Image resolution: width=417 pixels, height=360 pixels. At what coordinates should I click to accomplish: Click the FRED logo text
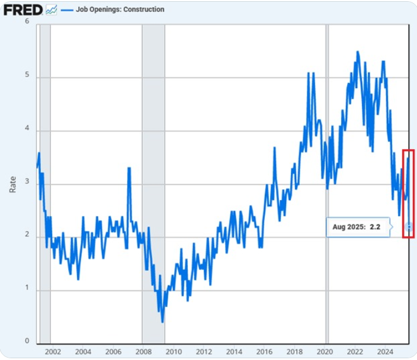coord(23,10)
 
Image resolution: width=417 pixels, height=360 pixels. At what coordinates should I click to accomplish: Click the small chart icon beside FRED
coord(51,10)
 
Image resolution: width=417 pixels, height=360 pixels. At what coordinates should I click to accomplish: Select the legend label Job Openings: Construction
coord(120,9)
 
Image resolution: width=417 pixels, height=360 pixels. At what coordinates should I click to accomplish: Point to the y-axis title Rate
coord(12,183)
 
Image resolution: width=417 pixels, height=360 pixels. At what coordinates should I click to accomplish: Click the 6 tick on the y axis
coord(27,22)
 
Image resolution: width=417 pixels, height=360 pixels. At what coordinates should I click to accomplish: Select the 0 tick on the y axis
coord(27,341)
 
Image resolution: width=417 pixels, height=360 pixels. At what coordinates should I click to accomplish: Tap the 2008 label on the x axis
coord(143,351)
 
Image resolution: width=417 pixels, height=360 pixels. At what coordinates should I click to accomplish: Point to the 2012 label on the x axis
coord(203,351)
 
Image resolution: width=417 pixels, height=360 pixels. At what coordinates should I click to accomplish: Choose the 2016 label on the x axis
coord(264,351)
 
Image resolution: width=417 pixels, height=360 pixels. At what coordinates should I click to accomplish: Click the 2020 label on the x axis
coord(325,351)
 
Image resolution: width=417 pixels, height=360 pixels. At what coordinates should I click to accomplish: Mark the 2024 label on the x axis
coord(386,351)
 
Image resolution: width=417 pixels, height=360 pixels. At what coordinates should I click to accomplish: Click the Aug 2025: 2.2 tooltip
coord(355,227)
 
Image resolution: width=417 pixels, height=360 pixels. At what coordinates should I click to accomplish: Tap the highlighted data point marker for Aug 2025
coord(409,227)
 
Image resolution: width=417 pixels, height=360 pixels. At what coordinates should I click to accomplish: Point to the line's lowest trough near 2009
coord(162,322)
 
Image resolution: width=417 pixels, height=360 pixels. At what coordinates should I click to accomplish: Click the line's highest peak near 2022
coord(357,52)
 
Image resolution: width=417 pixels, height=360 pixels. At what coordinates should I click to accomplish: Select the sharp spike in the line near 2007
coord(129,168)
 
